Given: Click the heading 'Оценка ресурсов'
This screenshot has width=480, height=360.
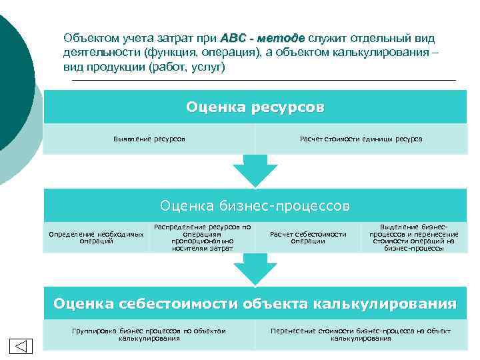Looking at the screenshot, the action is [x=255, y=107].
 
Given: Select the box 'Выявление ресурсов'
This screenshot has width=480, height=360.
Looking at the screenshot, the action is [x=149, y=139].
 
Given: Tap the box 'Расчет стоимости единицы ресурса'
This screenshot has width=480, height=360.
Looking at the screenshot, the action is [x=361, y=139].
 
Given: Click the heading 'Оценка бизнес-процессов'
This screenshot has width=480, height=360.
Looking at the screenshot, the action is [x=255, y=205].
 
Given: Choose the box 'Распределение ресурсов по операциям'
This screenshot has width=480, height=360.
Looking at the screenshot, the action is [x=202, y=237].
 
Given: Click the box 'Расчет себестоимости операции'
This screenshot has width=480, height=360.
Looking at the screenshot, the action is [x=308, y=238].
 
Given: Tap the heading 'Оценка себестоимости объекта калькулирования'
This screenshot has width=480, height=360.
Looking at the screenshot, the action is [x=255, y=304].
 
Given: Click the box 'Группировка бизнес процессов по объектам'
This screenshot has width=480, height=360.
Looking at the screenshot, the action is [x=149, y=335].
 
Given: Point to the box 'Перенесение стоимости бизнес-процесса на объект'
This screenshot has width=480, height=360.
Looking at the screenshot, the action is [x=361, y=335].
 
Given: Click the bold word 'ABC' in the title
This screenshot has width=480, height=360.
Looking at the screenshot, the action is [x=233, y=38].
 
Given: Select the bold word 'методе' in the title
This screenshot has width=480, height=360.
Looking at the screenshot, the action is [x=280, y=38].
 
